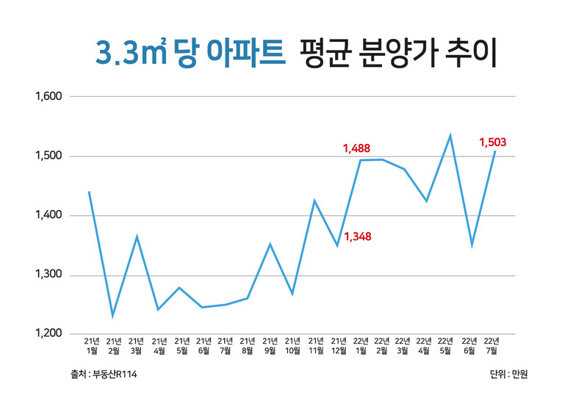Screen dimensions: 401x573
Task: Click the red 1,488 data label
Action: pos(358,149)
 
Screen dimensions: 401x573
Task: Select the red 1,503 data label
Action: pos(492,142)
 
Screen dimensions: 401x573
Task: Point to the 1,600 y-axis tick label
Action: pos(49,96)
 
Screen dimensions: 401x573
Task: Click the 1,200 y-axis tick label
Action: pos(49,334)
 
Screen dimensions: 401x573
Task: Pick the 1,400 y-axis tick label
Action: pos(49,216)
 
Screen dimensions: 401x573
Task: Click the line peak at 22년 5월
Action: pos(450,135)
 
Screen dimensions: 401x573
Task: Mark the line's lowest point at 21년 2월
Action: pos(112,317)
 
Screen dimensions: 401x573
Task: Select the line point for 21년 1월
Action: pos(89,192)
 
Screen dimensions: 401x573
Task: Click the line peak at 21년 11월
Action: pos(314,201)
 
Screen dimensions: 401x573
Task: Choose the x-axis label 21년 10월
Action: pos(292,346)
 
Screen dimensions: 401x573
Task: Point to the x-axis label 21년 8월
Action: pos(248,346)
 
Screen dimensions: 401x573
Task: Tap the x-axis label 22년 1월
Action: pos(361,346)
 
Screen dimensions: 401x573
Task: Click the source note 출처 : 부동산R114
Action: pos(100,375)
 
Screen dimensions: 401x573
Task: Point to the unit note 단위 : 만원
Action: pos(508,375)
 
